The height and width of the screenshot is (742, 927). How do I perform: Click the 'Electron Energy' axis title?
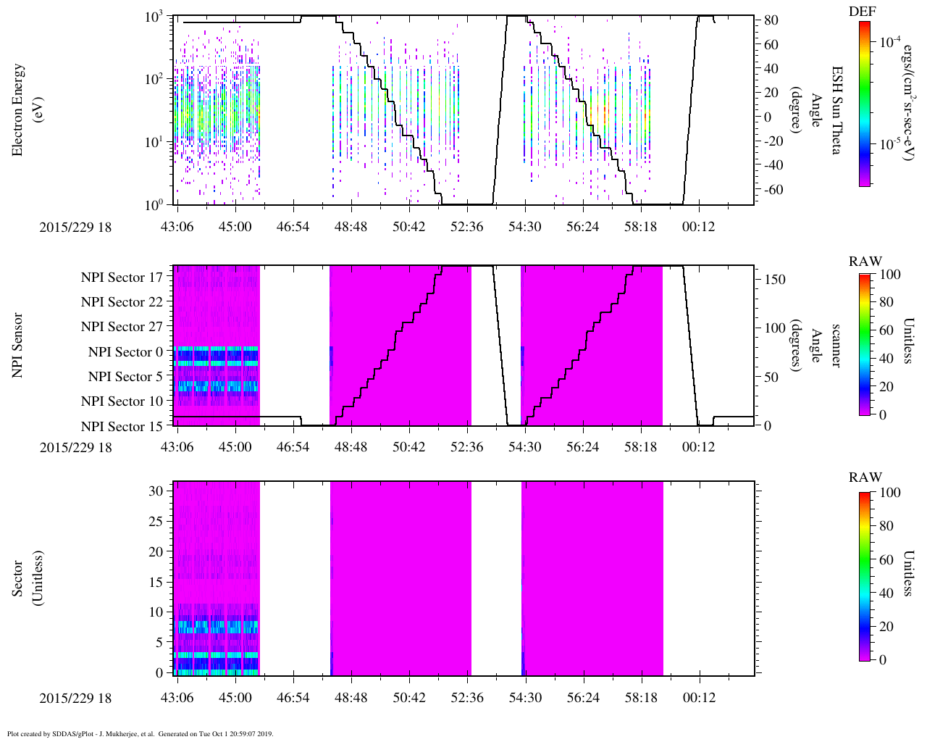[18, 110]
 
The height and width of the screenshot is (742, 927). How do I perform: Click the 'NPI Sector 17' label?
[122, 278]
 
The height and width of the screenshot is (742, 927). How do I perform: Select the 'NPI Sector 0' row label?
[125, 352]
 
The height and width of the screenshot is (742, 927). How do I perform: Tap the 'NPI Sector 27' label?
[122, 327]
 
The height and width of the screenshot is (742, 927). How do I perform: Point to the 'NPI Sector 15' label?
[122, 427]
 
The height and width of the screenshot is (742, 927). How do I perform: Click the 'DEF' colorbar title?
[862, 11]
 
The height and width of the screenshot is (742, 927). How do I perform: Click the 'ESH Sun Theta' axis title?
[836, 110]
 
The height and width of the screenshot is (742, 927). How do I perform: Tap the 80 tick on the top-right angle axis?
[771, 20]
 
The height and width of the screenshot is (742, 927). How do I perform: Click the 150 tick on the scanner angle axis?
[775, 279]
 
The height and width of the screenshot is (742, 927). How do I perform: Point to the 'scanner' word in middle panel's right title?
[836, 345]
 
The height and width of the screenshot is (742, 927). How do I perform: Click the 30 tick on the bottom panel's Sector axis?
[156, 491]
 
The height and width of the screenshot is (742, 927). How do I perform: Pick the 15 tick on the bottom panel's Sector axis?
[156, 582]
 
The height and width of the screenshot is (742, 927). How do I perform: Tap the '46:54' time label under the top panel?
[293, 227]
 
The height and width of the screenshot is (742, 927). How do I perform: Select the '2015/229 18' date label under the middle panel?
[75, 447]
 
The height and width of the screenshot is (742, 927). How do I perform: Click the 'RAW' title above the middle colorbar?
[865, 262]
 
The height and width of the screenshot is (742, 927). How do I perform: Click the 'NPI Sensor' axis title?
[18, 345]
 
